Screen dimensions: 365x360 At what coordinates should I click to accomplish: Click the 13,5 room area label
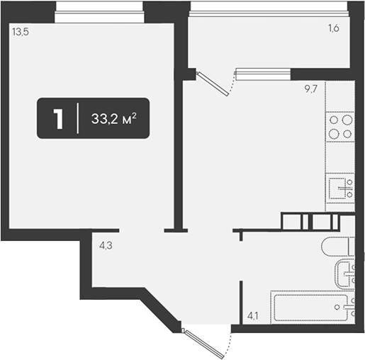(21, 32)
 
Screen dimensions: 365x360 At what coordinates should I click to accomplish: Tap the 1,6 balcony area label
(333, 28)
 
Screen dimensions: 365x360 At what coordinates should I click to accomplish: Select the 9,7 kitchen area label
(311, 89)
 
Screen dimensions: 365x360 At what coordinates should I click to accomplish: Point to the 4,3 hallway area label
(106, 246)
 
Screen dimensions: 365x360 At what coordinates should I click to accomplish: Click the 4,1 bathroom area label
(253, 315)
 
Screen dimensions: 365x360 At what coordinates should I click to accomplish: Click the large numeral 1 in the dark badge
(58, 119)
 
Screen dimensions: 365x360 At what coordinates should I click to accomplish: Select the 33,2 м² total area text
(114, 118)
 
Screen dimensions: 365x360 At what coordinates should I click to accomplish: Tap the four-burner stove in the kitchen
(340, 127)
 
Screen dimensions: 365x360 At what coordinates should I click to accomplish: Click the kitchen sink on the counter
(340, 189)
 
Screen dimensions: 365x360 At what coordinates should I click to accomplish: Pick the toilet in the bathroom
(338, 247)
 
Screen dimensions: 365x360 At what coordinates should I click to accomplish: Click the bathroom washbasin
(345, 273)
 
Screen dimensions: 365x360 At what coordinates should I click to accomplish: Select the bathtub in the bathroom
(313, 308)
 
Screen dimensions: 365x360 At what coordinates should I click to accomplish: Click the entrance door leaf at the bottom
(204, 344)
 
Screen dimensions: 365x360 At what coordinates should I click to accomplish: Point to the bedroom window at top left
(99, 12)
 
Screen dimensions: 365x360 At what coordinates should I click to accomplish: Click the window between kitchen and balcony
(263, 74)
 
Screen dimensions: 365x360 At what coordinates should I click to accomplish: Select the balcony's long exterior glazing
(269, 9)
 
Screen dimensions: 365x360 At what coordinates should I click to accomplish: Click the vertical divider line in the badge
(77, 118)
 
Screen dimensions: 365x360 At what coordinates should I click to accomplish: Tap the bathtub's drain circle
(337, 307)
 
